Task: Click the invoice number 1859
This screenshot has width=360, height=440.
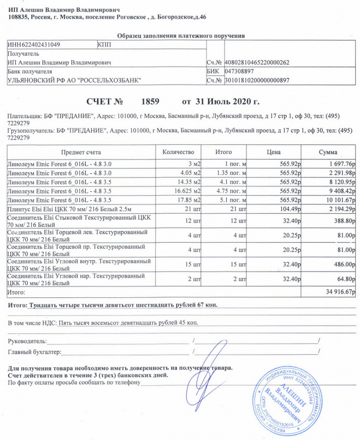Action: tap(150, 102)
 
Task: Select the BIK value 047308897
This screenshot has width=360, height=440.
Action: tap(239, 72)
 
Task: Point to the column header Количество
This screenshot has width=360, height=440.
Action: tap(179, 151)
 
